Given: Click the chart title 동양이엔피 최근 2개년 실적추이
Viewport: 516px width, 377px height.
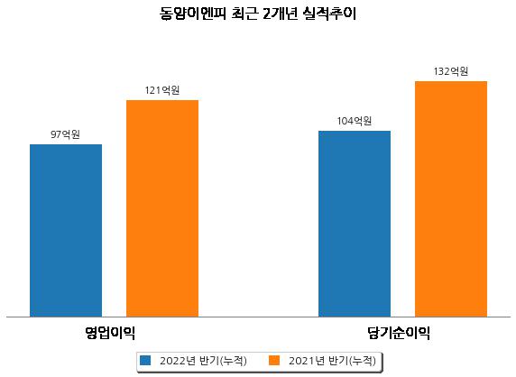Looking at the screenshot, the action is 258,14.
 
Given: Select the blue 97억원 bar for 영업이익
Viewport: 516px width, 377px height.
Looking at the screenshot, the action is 66,231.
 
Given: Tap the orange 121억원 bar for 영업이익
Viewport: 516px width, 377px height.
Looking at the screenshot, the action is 162,208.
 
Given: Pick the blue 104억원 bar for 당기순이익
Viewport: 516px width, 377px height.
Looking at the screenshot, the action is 355,224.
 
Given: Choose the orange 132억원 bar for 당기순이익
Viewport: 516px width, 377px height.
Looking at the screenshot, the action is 451,199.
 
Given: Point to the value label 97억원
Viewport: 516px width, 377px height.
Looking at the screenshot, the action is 65,134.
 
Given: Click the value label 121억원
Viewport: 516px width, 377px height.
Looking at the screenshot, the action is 162,90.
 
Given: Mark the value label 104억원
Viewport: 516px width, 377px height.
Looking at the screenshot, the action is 355,121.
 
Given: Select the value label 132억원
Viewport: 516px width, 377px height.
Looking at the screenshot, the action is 451,71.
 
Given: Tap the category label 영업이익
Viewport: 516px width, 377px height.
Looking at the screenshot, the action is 110,333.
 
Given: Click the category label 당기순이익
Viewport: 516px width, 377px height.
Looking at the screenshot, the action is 399,333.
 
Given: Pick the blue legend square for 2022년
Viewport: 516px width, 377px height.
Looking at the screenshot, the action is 145,360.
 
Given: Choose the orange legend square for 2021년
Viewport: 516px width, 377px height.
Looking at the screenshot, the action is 274,360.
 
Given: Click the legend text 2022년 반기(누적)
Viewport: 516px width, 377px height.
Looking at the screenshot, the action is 203,361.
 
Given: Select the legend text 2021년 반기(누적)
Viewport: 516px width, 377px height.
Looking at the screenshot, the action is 332,361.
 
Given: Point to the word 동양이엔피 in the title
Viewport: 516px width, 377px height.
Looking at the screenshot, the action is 193,14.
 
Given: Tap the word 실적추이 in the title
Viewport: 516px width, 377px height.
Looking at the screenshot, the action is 330,14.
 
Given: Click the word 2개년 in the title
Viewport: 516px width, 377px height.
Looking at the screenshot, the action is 281,14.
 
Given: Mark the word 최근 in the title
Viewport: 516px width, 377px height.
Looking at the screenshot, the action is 244,14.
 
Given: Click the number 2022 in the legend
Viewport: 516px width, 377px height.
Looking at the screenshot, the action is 173,361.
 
